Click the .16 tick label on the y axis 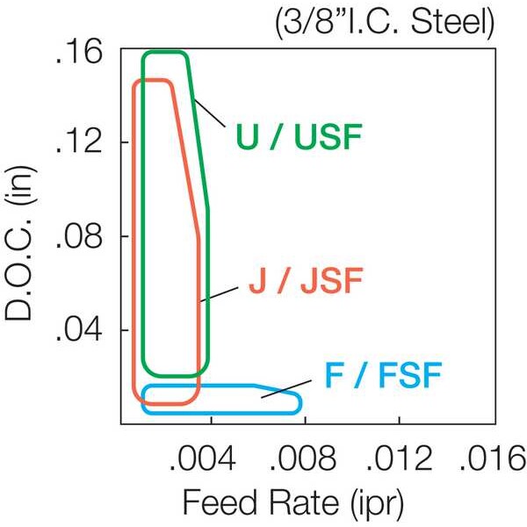tap(78, 54)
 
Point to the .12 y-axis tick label tap(78, 141)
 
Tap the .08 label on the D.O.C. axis tap(78, 236)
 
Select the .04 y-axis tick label tap(78, 329)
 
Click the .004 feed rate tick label tap(202, 458)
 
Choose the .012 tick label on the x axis tap(399, 458)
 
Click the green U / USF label tap(300, 137)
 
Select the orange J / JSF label tap(306, 281)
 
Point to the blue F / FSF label tap(383, 375)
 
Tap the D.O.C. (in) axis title tap(19, 243)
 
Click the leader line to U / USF tap(210, 112)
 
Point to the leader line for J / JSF tap(219, 294)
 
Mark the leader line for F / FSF tap(286, 389)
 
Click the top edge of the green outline tap(165, 52)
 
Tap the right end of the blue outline tap(300, 402)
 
